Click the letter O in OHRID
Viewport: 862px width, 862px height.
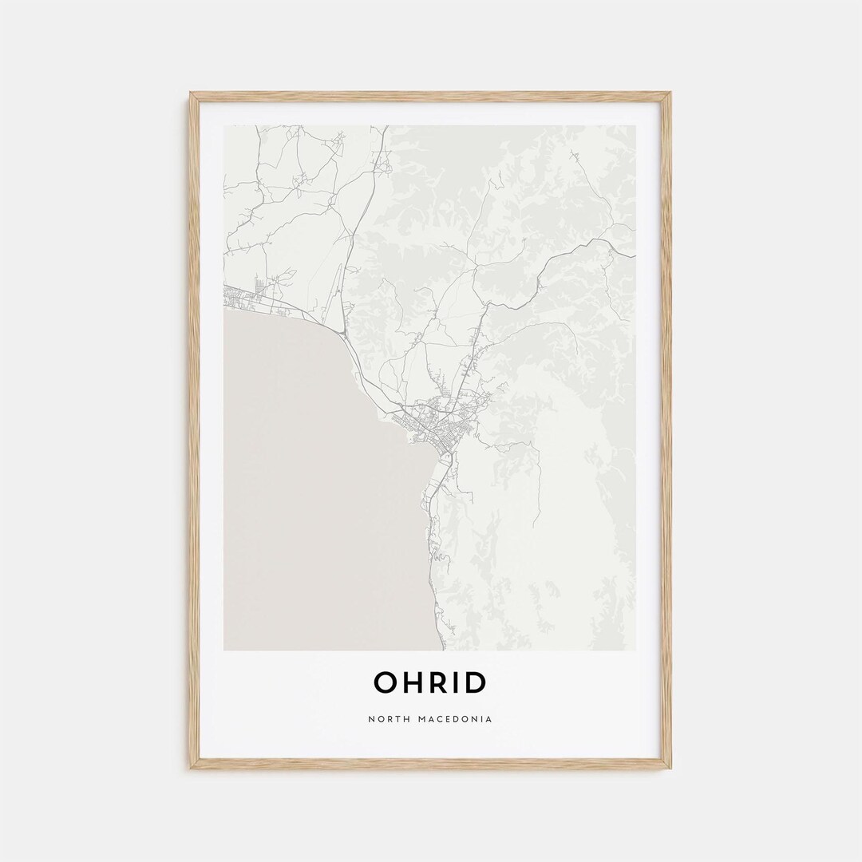386,682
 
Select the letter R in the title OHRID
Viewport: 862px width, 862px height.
440,682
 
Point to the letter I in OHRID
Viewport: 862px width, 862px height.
458,682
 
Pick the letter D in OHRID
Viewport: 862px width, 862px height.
476,682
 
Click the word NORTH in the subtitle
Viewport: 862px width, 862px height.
389,719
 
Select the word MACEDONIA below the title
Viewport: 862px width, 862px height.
454,719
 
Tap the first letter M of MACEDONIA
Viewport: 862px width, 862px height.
420,719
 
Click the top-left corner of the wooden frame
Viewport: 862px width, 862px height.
192,94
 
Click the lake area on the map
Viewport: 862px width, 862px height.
319,479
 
